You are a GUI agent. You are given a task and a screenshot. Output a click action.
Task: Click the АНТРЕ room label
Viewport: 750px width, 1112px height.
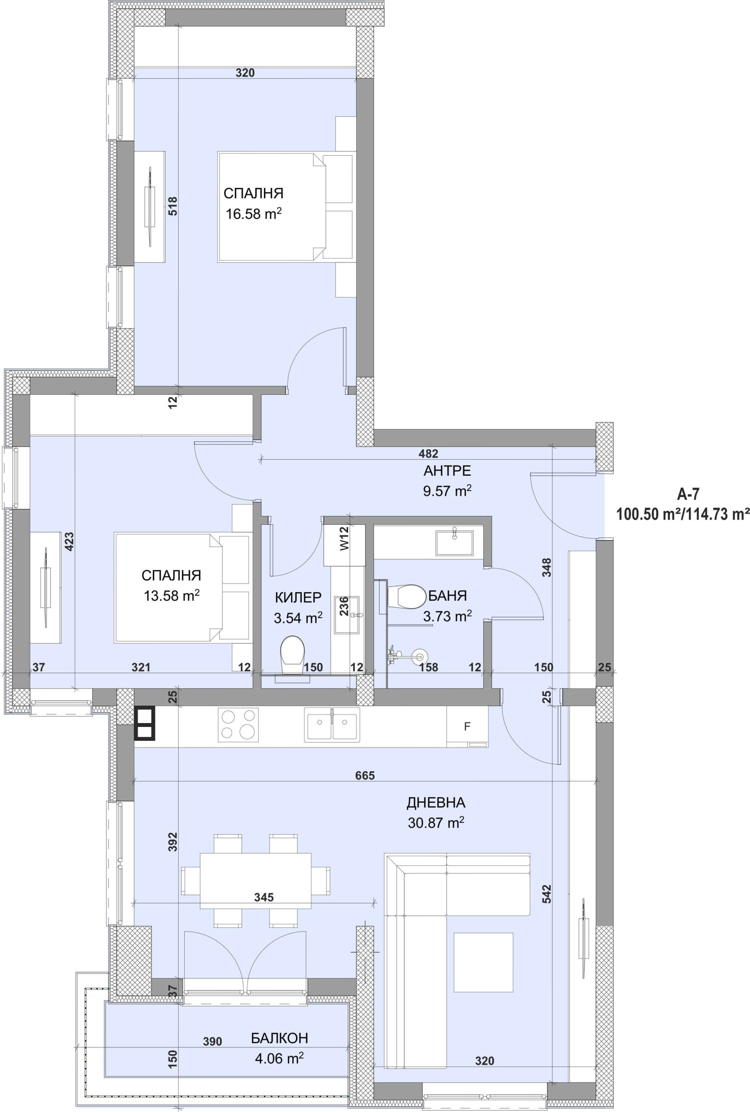pyautogui.click(x=447, y=471)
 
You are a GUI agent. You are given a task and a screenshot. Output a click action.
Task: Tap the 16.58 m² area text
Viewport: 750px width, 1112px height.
pyautogui.click(x=254, y=213)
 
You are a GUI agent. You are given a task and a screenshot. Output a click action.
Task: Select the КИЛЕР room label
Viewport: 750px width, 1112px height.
pyautogui.click(x=298, y=598)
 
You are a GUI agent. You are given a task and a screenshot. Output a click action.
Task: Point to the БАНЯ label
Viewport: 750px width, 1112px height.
pyautogui.click(x=447, y=596)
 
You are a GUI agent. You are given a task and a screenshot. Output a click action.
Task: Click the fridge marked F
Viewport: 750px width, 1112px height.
pyautogui.click(x=467, y=727)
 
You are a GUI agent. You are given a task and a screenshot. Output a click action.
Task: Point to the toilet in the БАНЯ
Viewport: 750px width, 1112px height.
pyautogui.click(x=407, y=597)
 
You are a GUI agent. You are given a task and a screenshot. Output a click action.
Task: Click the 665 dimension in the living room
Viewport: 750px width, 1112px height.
pyautogui.click(x=365, y=775)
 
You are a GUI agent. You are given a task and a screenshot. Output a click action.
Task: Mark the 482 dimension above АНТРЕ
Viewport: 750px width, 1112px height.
pyautogui.click(x=428, y=453)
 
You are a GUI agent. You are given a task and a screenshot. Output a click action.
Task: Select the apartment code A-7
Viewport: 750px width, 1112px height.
pyautogui.click(x=688, y=494)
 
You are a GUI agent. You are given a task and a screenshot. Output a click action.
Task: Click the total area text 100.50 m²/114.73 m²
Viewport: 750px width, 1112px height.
pyautogui.click(x=682, y=514)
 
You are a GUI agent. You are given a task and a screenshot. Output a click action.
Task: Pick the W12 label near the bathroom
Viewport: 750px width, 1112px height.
pyautogui.click(x=345, y=538)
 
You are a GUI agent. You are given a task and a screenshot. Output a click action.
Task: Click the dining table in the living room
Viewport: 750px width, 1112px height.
pyautogui.click(x=255, y=880)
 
